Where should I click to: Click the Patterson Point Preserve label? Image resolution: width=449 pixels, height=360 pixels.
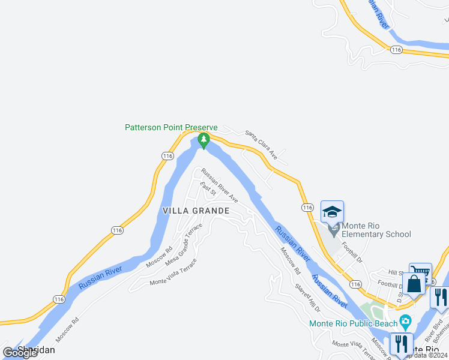click(x=171, y=127)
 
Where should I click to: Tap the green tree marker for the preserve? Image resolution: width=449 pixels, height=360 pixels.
click(x=204, y=141)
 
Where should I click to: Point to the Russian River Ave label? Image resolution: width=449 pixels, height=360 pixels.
click(x=220, y=185)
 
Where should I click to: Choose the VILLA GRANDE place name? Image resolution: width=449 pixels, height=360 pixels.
click(x=196, y=211)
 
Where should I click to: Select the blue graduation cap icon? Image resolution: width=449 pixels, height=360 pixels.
click(x=332, y=212)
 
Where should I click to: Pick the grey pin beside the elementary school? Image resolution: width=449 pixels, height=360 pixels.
click(x=333, y=230)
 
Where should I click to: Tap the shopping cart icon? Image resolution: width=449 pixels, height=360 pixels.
click(x=420, y=273)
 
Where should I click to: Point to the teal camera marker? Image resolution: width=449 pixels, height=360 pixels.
click(x=405, y=322)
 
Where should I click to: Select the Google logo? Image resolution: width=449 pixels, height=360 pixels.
click(x=20, y=353)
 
